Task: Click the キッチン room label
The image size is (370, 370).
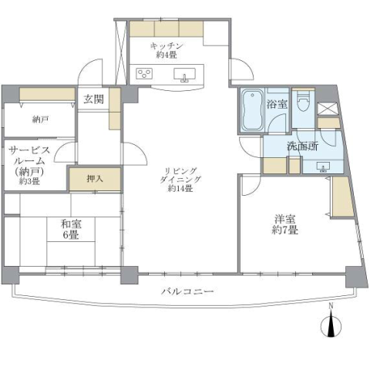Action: (166, 50)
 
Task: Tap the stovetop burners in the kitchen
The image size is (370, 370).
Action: (144, 73)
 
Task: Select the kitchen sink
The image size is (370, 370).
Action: (184, 75)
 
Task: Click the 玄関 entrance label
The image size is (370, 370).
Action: (93, 99)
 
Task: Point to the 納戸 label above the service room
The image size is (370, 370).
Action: (41, 119)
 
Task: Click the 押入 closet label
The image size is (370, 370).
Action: (95, 179)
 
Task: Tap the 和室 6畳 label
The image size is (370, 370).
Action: (71, 229)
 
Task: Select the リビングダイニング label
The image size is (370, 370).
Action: (180, 180)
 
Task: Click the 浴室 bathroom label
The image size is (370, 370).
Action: (277, 104)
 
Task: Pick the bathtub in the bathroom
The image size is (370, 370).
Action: (252, 110)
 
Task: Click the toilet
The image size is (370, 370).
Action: (304, 100)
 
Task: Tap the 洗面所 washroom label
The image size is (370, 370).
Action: (303, 146)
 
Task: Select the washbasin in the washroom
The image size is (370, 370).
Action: (322, 166)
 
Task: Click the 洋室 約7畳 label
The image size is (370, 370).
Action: (285, 224)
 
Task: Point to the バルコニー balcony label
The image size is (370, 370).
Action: (187, 291)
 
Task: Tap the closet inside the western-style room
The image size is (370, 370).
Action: (343, 197)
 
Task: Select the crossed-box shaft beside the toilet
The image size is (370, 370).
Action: (328, 109)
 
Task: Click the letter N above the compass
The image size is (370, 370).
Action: (331, 306)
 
